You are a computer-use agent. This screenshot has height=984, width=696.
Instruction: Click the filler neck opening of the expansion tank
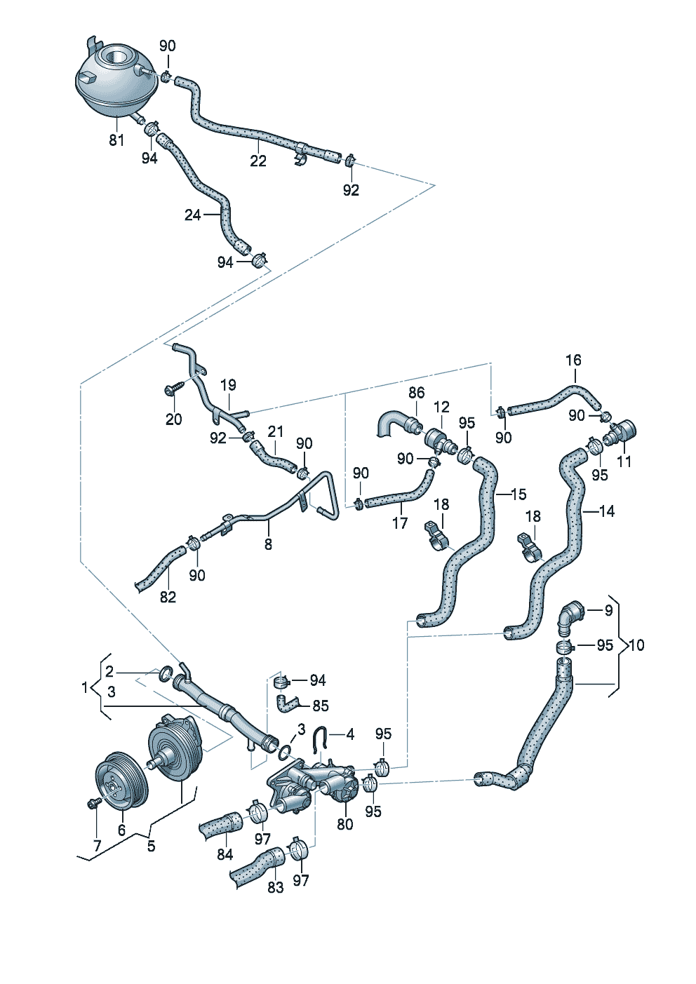tap(115, 55)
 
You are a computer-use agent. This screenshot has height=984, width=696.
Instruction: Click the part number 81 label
tap(116, 140)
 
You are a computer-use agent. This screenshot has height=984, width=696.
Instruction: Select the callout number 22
tap(258, 161)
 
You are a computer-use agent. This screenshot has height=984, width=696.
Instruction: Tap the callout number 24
tap(192, 215)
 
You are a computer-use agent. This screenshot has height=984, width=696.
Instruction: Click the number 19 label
tap(228, 385)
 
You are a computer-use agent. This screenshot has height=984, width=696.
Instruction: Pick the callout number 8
tap(268, 544)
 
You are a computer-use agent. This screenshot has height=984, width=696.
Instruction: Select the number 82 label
tap(168, 597)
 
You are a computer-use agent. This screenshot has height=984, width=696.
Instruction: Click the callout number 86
tap(417, 393)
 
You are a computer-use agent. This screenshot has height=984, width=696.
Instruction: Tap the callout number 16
tap(573, 360)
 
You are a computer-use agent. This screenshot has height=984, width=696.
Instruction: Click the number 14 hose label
tap(606, 511)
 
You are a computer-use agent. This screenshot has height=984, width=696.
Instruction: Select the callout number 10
tap(636, 645)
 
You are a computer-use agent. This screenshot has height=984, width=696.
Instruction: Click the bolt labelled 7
tap(93, 802)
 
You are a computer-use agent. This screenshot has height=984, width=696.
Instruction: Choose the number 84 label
tap(225, 854)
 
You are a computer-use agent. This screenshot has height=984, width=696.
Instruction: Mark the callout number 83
tap(276, 887)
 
